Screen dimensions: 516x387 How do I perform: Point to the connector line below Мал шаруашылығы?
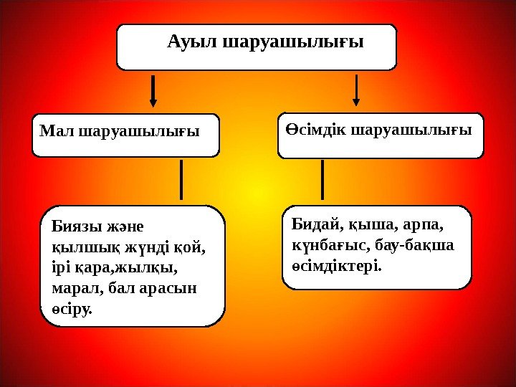click(181, 179)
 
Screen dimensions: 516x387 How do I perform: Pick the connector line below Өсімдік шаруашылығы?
click(322, 179)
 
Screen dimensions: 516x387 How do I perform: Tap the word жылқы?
click(153, 269)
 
